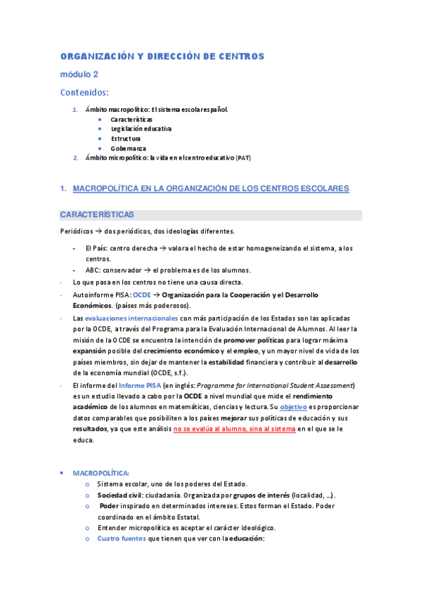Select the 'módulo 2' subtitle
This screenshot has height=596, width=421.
79,74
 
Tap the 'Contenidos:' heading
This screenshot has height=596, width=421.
84,91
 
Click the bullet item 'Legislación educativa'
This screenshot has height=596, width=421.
141,129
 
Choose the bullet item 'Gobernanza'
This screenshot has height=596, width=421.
128,148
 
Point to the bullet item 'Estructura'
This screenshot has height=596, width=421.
125,138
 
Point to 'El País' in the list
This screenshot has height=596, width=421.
96,248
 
